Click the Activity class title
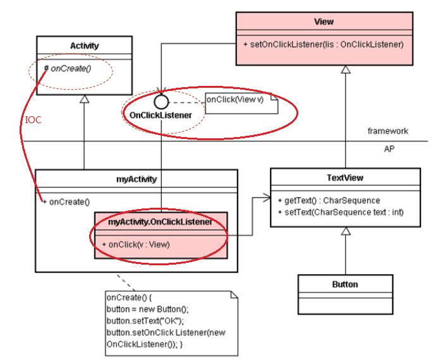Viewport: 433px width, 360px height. [84, 45]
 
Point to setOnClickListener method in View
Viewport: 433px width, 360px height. [323, 45]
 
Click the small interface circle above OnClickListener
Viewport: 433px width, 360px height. [161, 100]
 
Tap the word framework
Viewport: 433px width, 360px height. [387, 131]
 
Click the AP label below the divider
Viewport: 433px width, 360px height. [389, 150]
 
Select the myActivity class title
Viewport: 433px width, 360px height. [137, 179]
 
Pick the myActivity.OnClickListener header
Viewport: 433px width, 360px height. [161, 222]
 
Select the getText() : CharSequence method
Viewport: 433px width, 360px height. [329, 200]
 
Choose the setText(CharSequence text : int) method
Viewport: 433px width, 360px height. [340, 212]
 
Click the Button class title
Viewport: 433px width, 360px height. [345, 284]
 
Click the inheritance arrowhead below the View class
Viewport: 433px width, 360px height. [345, 70]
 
